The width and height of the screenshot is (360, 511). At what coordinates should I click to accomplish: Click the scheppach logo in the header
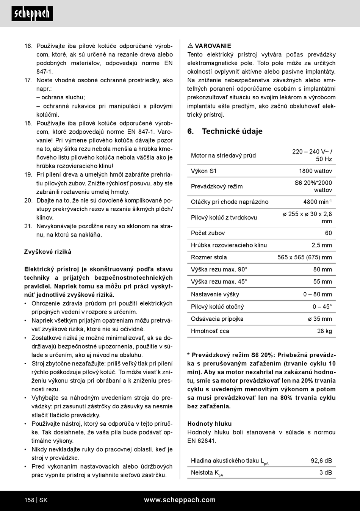tap(32, 14)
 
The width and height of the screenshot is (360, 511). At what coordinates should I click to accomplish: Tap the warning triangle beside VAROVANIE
tap(190, 46)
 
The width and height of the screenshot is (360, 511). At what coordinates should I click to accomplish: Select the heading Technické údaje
tap(232, 131)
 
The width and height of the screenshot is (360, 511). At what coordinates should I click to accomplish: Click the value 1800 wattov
tap(315, 171)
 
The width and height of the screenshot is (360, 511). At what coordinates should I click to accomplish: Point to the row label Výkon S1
tap(203, 171)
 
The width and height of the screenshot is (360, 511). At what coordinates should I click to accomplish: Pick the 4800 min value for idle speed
tap(317, 202)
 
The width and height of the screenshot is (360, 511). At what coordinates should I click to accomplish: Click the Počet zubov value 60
tap(328, 233)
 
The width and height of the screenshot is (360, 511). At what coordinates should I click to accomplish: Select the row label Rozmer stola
tap(209, 257)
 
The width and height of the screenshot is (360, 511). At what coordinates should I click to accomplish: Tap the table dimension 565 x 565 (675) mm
tap(304, 257)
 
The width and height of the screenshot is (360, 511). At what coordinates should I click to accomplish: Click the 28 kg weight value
tap(324, 331)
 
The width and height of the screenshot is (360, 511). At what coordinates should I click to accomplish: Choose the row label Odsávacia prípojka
tap(217, 319)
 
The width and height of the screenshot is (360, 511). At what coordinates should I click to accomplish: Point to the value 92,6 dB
tap(321, 461)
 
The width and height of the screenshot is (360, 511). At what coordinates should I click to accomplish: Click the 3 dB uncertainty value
tap(326, 472)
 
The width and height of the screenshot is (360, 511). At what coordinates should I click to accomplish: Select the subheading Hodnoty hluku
tap(209, 424)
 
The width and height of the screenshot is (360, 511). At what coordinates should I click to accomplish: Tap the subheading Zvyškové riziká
tap(48, 252)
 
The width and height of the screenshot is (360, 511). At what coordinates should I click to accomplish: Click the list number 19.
tap(28, 175)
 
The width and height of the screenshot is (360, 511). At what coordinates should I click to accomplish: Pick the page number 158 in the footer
tap(29, 500)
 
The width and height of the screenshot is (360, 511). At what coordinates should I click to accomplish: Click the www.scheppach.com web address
tap(180, 500)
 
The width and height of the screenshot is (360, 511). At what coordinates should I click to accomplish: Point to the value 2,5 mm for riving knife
tap(321, 245)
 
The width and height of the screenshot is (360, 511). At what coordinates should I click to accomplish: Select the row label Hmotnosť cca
tap(210, 331)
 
